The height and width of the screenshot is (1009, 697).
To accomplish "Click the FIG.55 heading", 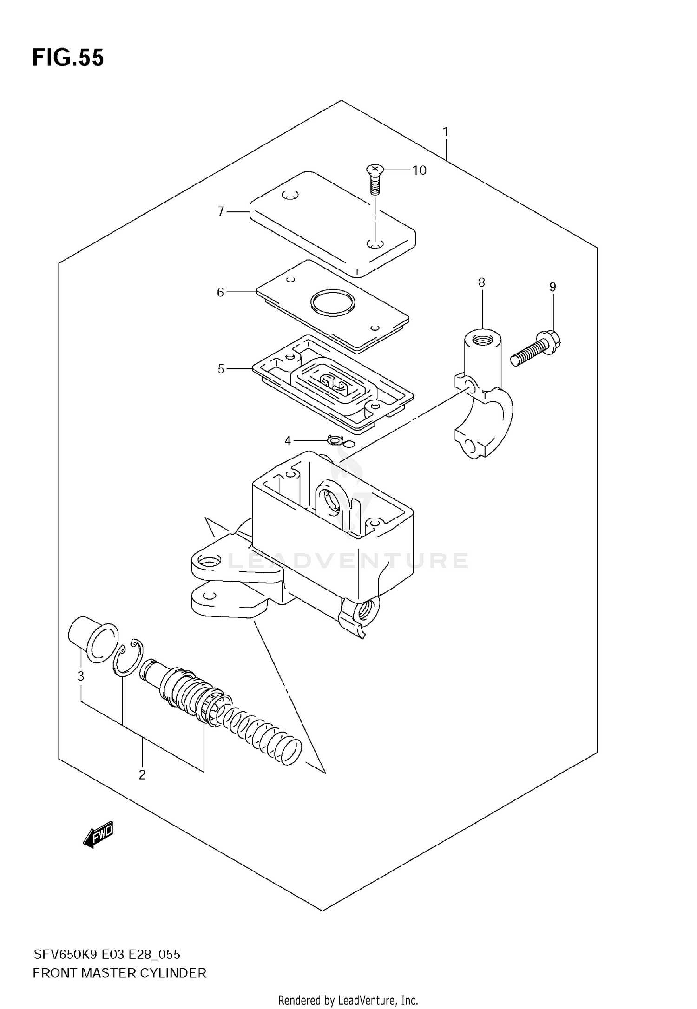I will [68, 58].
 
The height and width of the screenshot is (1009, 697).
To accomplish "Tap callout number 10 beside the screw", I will [419, 170].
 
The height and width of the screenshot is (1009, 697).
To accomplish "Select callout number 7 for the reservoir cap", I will [221, 212].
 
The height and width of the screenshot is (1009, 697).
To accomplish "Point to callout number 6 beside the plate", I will [220, 292].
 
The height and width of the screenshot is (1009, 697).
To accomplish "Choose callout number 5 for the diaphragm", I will [221, 369].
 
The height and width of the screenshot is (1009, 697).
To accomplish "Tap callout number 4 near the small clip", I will [288, 440].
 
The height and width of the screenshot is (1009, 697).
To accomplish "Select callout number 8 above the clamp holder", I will [481, 282].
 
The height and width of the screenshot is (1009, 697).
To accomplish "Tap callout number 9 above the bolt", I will [552, 287].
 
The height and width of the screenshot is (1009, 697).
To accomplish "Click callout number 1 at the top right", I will [446, 132].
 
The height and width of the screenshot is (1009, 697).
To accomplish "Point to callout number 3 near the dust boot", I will [81, 676].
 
